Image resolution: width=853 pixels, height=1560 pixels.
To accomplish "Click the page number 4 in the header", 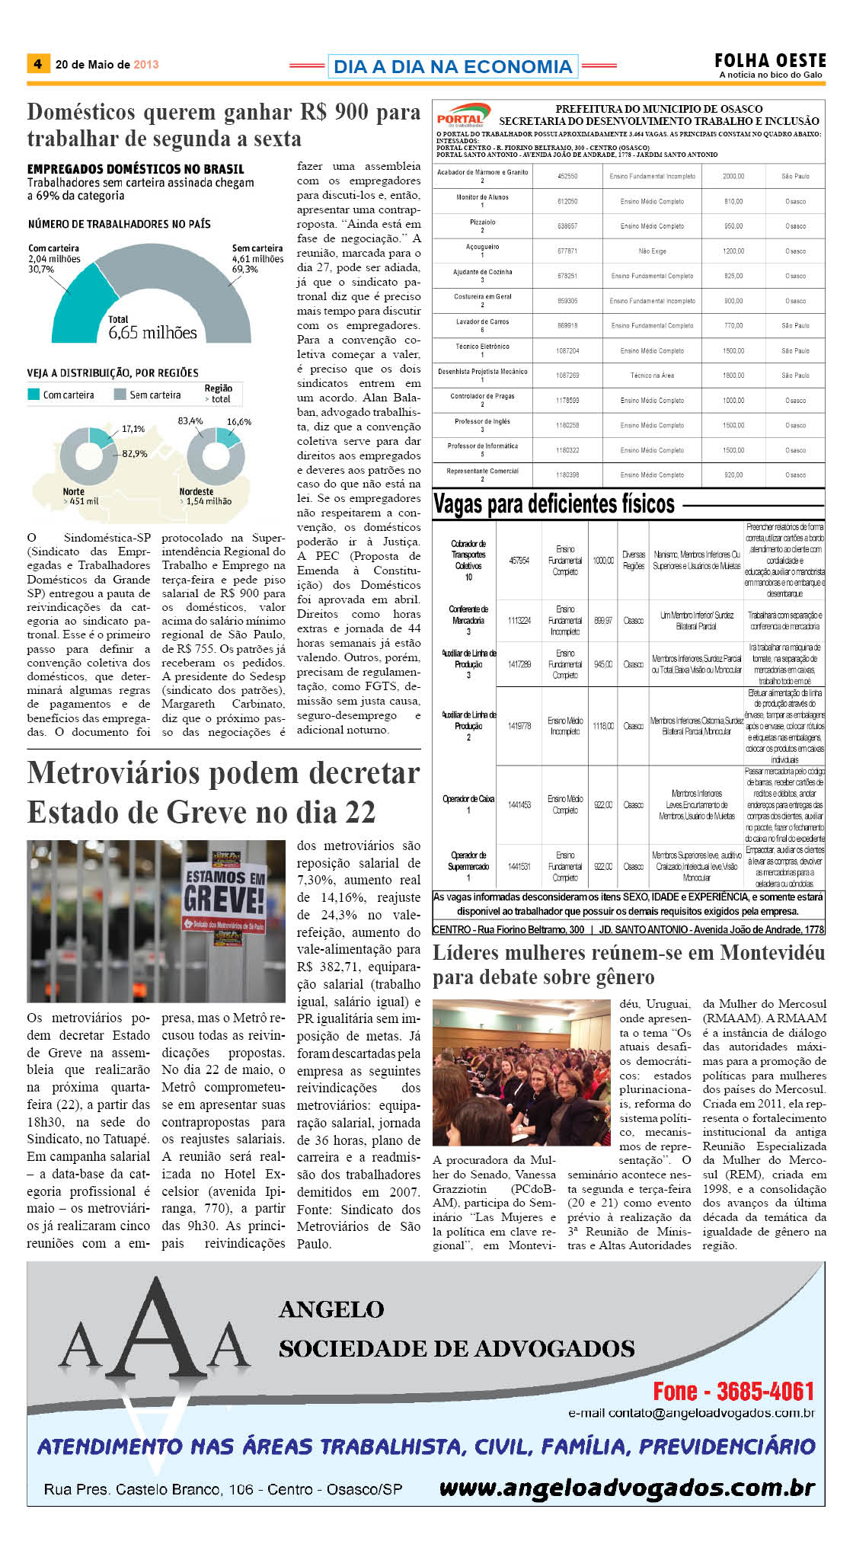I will coord(37,64).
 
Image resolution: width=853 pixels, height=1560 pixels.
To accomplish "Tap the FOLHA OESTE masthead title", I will coord(770,60).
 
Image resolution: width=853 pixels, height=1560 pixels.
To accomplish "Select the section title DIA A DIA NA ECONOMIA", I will coord(452,67).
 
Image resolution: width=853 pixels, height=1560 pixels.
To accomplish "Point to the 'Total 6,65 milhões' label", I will coord(152,328).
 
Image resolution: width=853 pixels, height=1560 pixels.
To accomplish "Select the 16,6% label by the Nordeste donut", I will coord(238,421).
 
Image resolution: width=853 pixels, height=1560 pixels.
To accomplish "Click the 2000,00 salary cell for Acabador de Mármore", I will coord(733,176).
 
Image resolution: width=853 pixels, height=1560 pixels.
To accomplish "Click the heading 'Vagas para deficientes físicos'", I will coord(554,504).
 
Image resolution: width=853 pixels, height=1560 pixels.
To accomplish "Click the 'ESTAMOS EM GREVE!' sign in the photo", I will coord(225,892).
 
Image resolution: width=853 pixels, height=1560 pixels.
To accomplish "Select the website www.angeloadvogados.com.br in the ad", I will coord(626,1487).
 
